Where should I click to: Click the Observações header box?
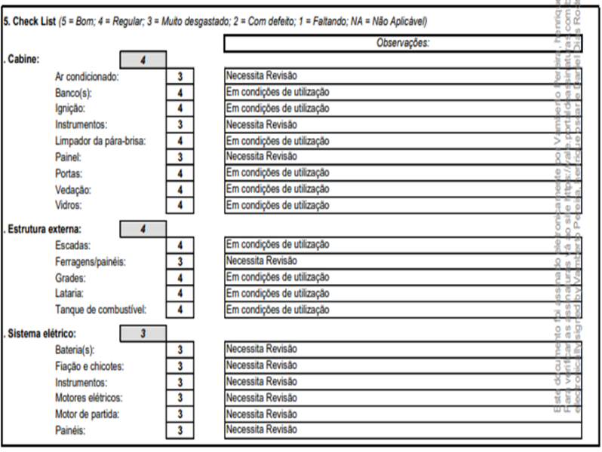click(x=403, y=44)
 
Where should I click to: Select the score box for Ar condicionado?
click(x=180, y=76)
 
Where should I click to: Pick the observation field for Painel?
click(x=403, y=157)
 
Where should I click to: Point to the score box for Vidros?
click(x=180, y=205)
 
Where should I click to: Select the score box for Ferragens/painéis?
click(x=180, y=261)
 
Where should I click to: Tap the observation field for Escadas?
click(x=403, y=245)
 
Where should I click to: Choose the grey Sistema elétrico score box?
click(x=143, y=333)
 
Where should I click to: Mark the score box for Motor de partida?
click(x=180, y=414)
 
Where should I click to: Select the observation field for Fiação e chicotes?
click(x=403, y=365)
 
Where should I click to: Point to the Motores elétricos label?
click(x=88, y=398)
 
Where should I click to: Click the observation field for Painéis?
click(x=403, y=430)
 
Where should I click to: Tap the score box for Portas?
click(x=180, y=173)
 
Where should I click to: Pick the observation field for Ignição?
click(x=403, y=108)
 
